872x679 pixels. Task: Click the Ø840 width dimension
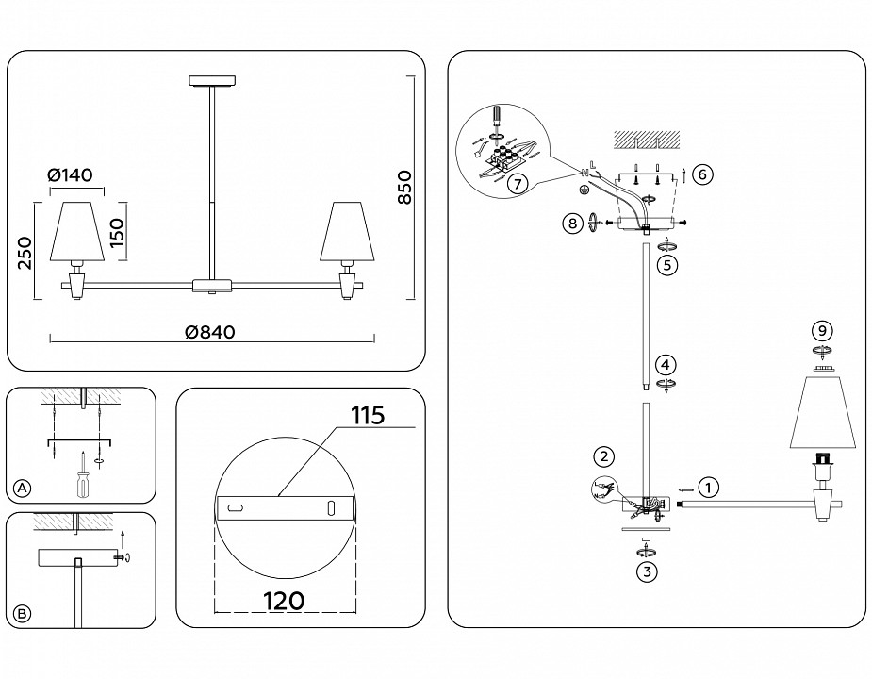pyautogui.click(x=209, y=332)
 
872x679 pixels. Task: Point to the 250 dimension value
pyautogui.click(x=25, y=253)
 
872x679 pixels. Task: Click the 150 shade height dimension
pyautogui.click(x=116, y=230)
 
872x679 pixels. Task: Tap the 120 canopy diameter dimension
pyautogui.click(x=284, y=600)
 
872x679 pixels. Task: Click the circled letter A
pyautogui.click(x=23, y=488)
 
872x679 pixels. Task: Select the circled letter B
pyautogui.click(x=23, y=613)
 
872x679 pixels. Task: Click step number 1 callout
pyautogui.click(x=709, y=488)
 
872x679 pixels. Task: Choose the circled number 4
pyautogui.click(x=666, y=364)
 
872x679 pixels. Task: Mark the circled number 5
pyautogui.click(x=666, y=265)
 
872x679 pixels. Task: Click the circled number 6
pyautogui.click(x=702, y=174)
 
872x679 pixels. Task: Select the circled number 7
pyautogui.click(x=516, y=185)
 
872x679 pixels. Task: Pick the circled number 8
pyautogui.click(x=571, y=224)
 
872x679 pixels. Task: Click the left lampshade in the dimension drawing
pyautogui.click(x=74, y=231)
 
